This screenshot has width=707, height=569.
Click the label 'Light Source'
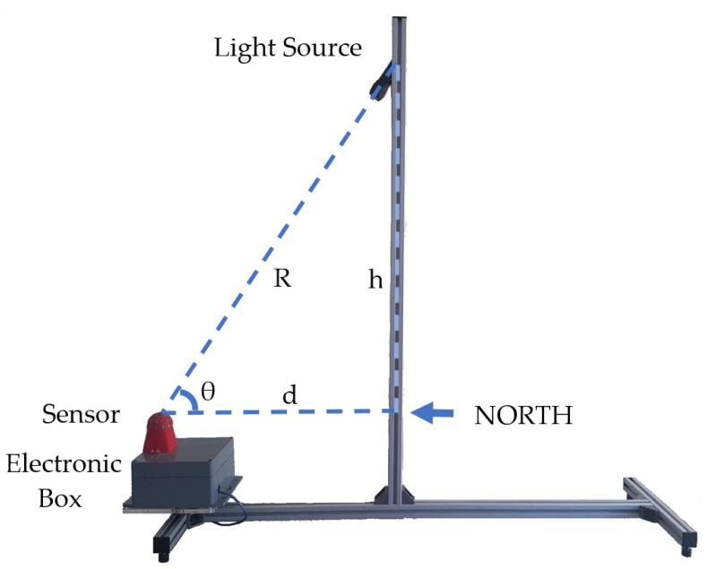click(287, 47)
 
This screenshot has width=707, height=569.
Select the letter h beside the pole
click(375, 280)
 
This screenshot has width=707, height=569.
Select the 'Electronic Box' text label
click(63, 480)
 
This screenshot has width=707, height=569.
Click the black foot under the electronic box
click(167, 537)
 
